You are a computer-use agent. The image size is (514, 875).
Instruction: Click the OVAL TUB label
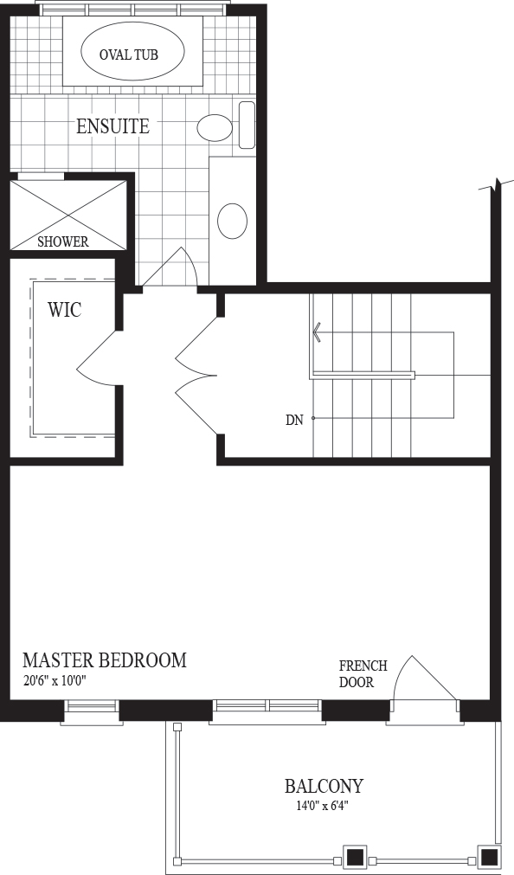point(128,55)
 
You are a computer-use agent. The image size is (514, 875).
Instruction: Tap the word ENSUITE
point(112,126)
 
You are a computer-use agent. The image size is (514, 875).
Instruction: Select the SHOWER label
point(63,241)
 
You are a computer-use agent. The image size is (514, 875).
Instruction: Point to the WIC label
point(64,310)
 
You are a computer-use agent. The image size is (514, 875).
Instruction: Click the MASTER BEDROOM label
point(105,660)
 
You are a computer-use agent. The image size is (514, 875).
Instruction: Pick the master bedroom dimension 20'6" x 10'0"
point(55,681)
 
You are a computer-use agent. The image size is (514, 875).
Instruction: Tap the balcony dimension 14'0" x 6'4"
point(323,806)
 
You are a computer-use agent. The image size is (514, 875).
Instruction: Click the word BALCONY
point(324,786)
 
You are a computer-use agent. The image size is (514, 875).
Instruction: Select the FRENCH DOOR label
point(363,673)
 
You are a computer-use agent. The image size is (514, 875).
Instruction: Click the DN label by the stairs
point(294,421)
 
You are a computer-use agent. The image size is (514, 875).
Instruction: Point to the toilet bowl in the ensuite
point(215,128)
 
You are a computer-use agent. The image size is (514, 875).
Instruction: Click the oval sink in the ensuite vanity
point(232,221)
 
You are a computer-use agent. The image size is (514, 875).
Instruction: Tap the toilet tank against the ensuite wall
point(247,125)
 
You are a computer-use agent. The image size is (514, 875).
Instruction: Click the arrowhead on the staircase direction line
point(317,332)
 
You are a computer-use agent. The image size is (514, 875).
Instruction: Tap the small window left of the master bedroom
point(92,711)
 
